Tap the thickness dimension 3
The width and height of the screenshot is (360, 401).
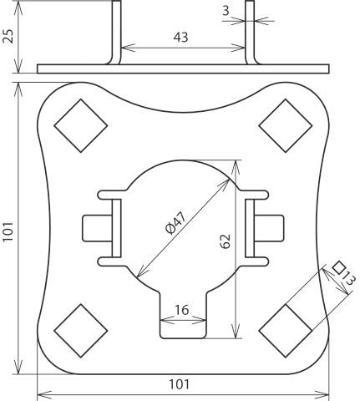click(226, 10)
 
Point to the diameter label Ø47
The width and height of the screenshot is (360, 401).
click(176, 222)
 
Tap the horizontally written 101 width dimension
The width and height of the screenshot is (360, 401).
click(179, 384)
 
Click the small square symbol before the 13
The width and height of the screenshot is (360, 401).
click(338, 266)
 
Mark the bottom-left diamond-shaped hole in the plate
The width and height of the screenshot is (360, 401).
click(81, 329)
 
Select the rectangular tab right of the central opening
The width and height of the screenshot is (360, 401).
click(271, 227)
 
